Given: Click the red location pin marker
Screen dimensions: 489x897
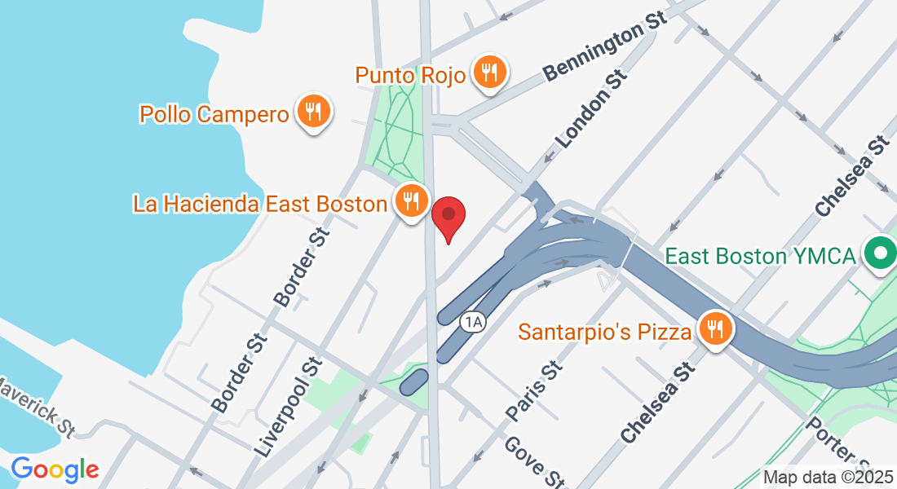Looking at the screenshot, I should (x=448, y=216).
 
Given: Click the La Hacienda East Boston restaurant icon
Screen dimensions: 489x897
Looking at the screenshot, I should (x=411, y=200).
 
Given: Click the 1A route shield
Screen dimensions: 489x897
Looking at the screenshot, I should (x=472, y=322).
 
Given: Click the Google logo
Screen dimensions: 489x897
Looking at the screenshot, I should (x=55, y=469).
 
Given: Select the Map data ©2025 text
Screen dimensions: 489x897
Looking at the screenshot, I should (x=828, y=478).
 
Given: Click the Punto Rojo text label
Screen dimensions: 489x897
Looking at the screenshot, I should (x=410, y=76).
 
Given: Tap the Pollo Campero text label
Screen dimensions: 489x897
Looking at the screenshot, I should (x=214, y=114).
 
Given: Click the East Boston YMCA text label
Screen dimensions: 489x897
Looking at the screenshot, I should (x=760, y=256).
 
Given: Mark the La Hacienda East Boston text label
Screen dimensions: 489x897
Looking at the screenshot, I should (x=259, y=204).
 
